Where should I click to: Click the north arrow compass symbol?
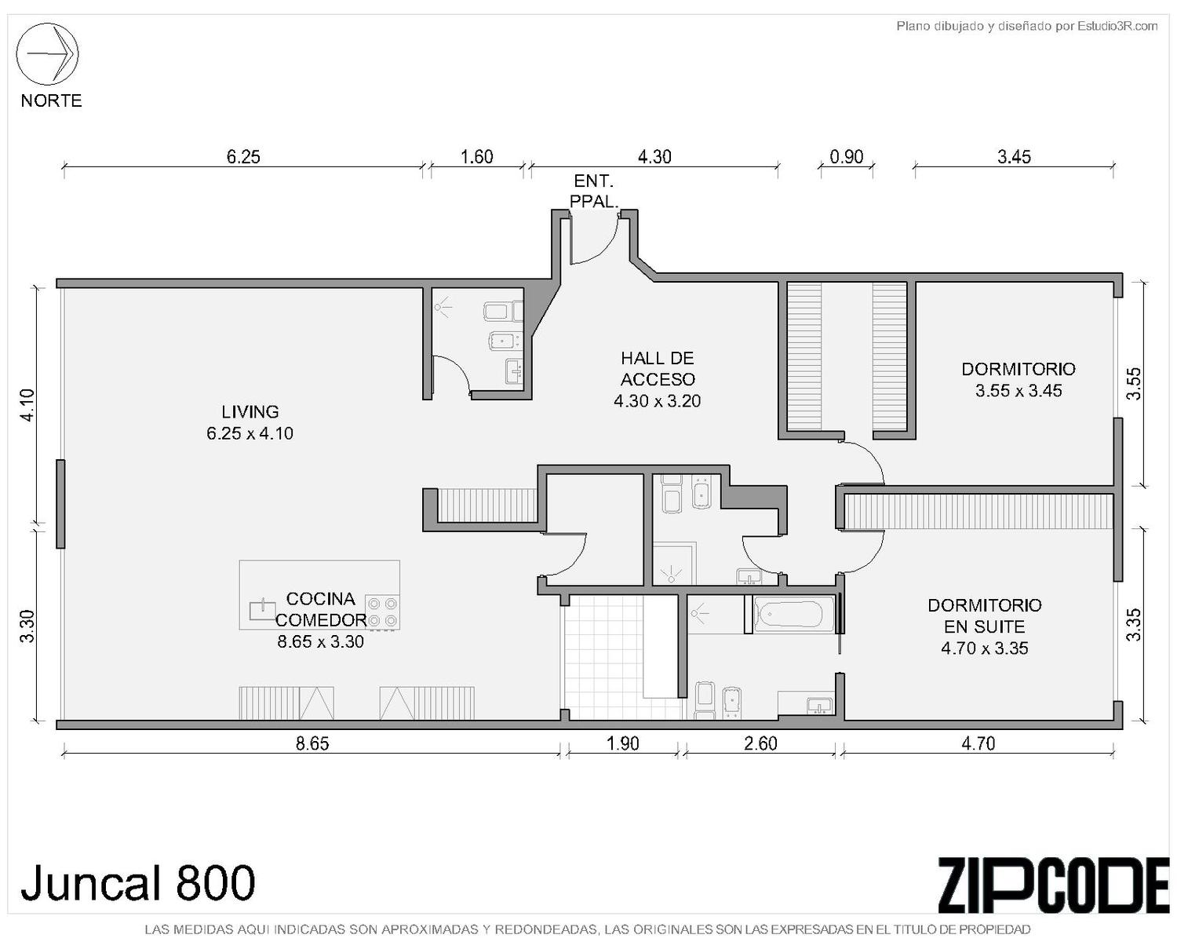[x=48, y=54]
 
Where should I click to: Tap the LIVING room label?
[x=250, y=411]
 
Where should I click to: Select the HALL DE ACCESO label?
[x=658, y=369]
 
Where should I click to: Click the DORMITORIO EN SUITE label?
[x=985, y=615]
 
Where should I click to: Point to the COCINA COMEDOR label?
[x=320, y=609]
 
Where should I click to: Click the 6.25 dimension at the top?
[x=243, y=157]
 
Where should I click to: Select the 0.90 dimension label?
[x=847, y=157]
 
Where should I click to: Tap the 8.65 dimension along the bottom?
[x=312, y=744]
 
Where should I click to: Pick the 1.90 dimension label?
[x=623, y=744]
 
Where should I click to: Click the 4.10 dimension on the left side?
[x=27, y=404]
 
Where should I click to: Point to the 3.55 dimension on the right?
[x=1135, y=384]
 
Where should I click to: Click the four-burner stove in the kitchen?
[x=382, y=612]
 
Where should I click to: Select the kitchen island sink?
[x=263, y=610]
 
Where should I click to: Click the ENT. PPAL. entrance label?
[x=594, y=191]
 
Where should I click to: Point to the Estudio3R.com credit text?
[x=1026, y=26]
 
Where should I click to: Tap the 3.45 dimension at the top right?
[x=1014, y=157]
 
